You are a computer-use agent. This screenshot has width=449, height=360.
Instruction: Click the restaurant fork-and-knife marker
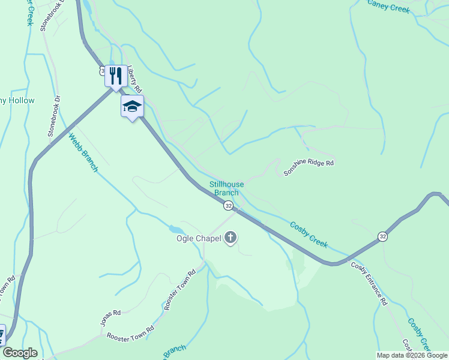click(116, 76)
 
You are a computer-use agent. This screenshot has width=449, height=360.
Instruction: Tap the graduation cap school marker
click(132, 106)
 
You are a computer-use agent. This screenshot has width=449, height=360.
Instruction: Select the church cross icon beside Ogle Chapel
click(231, 238)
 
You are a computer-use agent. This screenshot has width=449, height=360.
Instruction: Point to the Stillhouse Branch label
click(226, 188)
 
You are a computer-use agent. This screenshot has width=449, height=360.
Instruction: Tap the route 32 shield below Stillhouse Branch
click(228, 206)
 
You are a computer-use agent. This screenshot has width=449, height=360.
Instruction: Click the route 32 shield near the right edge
click(383, 236)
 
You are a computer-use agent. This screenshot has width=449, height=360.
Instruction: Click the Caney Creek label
click(388, 8)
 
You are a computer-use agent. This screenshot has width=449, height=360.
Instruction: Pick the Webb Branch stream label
click(83, 152)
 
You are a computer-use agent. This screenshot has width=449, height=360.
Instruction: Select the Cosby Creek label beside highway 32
click(309, 235)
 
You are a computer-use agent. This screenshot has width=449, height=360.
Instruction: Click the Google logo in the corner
click(19, 353)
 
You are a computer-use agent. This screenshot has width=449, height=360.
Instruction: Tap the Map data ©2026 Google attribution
click(412, 355)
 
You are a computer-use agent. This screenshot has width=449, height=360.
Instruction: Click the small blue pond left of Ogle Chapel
click(175, 229)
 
